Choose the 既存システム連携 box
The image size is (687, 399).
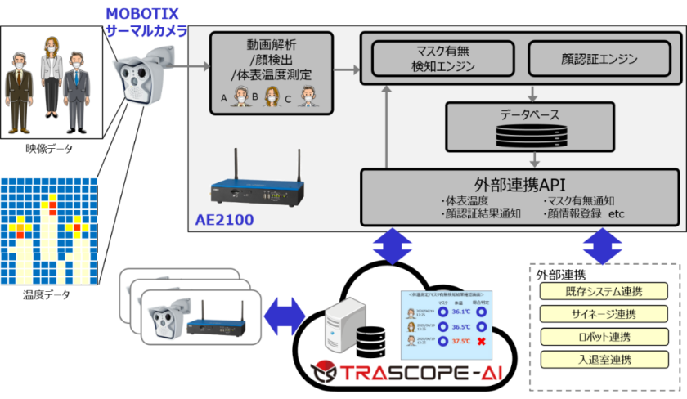coord(604,292)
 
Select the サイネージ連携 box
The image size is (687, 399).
coord(604,314)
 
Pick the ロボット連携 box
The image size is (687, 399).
coord(604,336)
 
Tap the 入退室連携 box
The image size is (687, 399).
coord(604,358)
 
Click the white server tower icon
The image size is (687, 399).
coord(342,324)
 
